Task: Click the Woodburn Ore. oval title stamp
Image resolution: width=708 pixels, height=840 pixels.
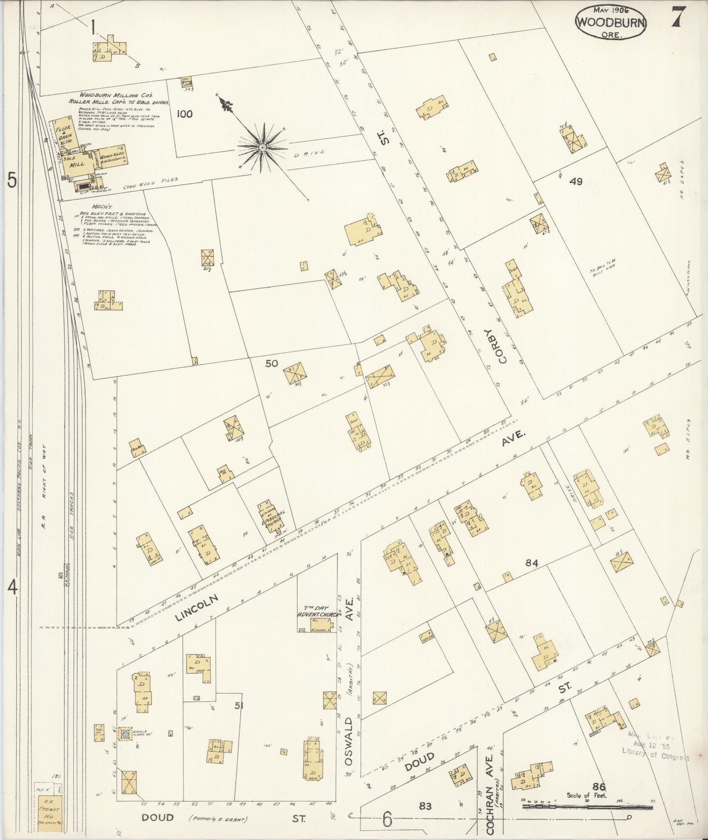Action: (x=611, y=22)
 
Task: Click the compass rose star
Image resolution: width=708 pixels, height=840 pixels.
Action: (x=263, y=146)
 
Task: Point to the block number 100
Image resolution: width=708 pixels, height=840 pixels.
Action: (x=185, y=114)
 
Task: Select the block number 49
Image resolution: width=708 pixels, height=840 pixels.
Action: (x=576, y=182)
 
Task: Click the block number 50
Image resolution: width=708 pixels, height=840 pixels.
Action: (x=271, y=363)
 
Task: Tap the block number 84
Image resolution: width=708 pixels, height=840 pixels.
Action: (x=532, y=564)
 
